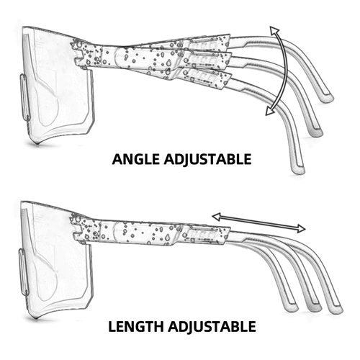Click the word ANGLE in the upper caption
135,159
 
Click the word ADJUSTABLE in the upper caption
207,160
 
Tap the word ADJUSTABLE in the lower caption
212,327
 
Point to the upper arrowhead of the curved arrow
274,31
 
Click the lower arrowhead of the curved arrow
270,111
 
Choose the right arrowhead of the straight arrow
300,228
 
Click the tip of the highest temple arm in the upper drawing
328,99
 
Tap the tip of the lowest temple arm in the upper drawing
298,170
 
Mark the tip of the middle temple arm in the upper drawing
316,132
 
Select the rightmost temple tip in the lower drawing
336,310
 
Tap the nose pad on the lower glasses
24,272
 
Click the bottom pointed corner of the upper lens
37,144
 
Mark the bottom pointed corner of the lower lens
37,319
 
